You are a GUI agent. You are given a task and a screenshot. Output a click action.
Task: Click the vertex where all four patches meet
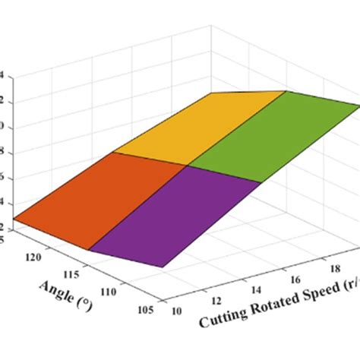tap(188, 165)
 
